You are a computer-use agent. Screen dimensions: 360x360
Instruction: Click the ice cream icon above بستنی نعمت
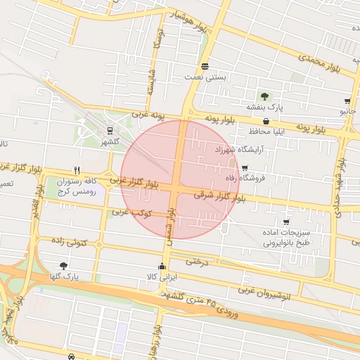204,66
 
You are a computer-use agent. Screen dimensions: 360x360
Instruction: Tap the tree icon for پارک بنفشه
264,96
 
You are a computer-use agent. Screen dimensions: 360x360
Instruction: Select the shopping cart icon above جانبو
348,101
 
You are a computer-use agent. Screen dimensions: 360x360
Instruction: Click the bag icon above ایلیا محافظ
266,122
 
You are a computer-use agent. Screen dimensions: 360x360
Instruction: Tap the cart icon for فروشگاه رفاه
244,168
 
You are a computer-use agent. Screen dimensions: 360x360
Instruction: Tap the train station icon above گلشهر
109,130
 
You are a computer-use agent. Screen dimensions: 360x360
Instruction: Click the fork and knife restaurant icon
77,170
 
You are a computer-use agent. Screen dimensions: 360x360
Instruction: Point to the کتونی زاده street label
69,242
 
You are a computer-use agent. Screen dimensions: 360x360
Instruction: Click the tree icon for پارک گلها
64,266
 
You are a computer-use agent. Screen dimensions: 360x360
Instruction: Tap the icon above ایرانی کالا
162,266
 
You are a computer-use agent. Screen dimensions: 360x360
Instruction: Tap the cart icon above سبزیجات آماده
285,222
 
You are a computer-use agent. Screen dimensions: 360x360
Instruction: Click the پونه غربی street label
146,113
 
